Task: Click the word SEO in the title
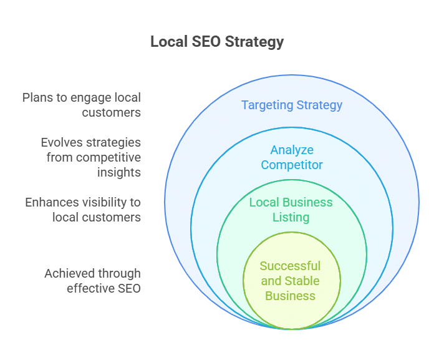(x=206, y=42)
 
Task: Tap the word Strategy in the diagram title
(x=254, y=42)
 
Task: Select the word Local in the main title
(x=169, y=42)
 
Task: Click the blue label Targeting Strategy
(x=292, y=105)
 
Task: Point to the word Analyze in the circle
(x=292, y=150)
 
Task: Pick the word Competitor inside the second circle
(x=292, y=165)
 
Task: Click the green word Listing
(x=291, y=218)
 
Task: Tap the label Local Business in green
(x=291, y=202)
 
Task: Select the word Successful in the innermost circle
(x=290, y=266)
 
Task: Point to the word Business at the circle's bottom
(x=291, y=296)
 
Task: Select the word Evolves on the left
(x=62, y=142)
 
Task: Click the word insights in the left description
(x=119, y=173)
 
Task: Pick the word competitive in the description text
(x=109, y=158)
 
